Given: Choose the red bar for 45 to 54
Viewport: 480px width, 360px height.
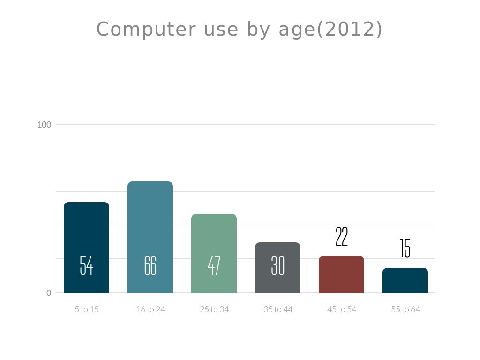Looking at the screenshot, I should tap(341, 277).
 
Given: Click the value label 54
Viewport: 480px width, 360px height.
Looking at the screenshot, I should tap(86, 266).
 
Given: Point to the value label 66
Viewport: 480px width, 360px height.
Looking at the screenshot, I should tap(150, 266).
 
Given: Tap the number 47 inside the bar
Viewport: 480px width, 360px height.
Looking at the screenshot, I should tap(214, 266).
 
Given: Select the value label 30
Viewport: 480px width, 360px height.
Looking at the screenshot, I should tap(277, 266).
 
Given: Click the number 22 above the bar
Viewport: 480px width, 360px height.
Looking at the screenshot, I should tap(342, 237).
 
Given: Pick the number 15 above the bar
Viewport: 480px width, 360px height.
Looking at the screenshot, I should tap(405, 248).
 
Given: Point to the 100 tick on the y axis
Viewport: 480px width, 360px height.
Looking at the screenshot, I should tap(44, 125).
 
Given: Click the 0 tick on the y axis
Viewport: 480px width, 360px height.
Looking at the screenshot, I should tap(49, 293).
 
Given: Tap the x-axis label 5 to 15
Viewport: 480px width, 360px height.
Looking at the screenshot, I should tap(87, 309).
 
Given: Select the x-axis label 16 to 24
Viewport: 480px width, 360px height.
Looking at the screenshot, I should tap(150, 309).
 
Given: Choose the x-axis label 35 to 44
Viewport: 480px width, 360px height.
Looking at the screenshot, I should tap(278, 309).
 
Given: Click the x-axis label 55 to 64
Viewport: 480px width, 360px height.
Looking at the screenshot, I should tap(405, 309).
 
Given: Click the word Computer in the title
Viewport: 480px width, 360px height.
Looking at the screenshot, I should tap(146, 30).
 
